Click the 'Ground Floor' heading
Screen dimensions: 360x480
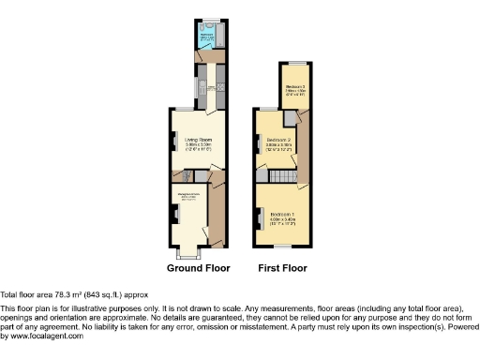tap(198, 268)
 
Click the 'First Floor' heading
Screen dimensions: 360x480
tap(282, 268)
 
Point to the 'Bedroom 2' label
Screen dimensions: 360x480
tap(279, 141)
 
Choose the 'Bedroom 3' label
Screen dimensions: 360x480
tap(296, 86)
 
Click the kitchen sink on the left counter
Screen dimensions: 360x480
tap(200, 89)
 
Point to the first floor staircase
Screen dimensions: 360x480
tap(283, 177)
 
